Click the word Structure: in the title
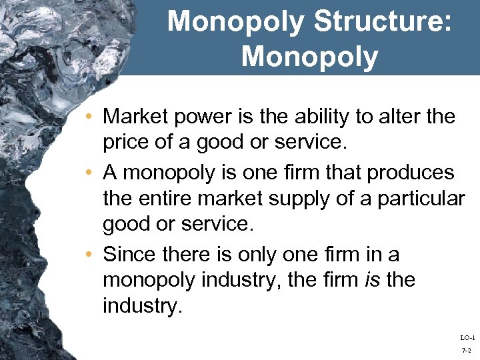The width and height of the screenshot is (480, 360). pos(385,21)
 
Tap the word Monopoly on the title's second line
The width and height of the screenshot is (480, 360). pos(310,56)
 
